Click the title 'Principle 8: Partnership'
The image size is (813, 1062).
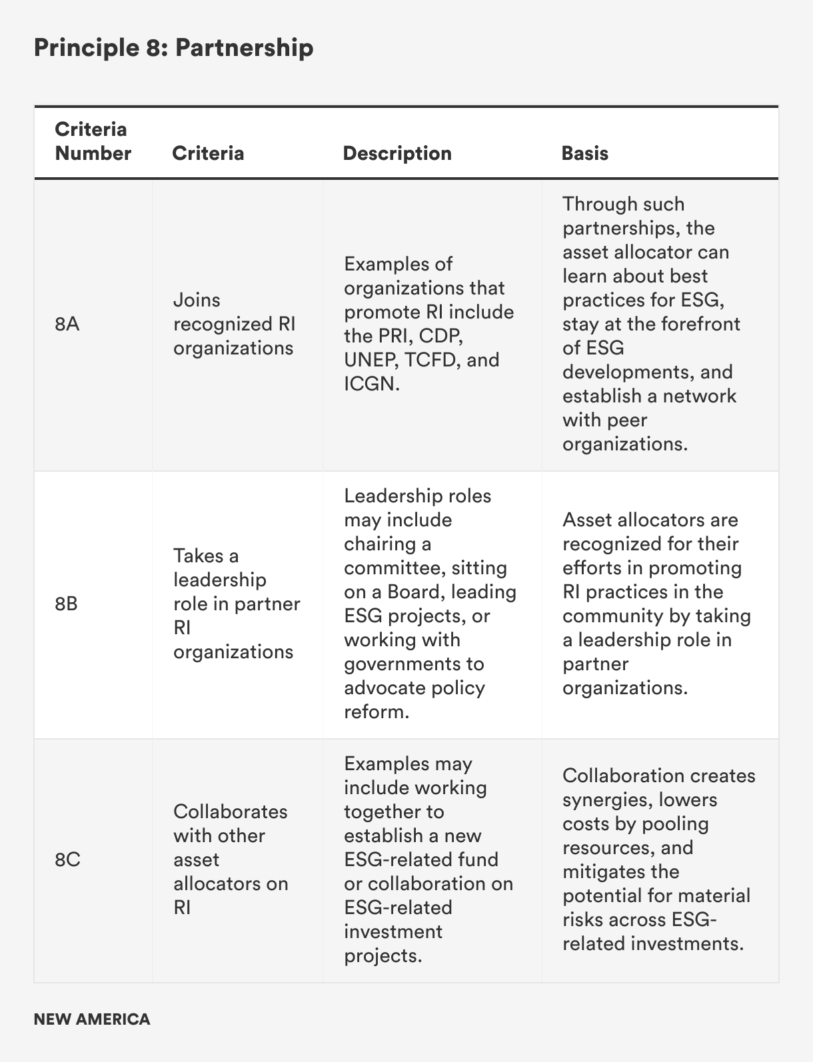[x=173, y=48]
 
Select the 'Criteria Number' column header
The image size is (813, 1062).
[x=93, y=141]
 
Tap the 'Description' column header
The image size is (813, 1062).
[x=397, y=153]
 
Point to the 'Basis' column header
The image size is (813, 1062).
[x=584, y=153]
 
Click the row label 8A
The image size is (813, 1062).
[x=67, y=324]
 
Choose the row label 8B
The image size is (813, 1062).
[x=67, y=604]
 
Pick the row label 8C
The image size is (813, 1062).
[x=67, y=859]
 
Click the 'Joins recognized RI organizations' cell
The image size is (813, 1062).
[x=234, y=324]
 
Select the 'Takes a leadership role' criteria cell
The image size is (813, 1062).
[x=236, y=604]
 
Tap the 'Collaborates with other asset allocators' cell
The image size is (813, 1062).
[x=231, y=859]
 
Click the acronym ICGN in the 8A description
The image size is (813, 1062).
[x=371, y=384]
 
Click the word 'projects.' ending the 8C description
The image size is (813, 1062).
[x=383, y=955]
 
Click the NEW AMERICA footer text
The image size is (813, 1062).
[x=92, y=1019]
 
